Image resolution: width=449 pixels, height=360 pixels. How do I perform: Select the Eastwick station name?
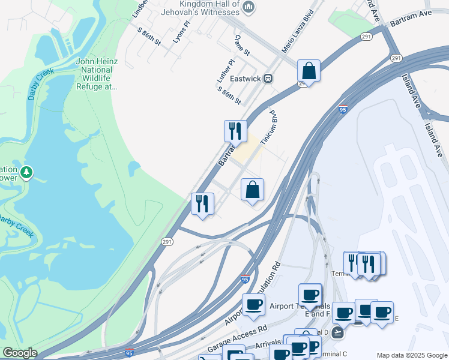(x=244, y=78)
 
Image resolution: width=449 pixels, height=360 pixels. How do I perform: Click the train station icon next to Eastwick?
(x=269, y=78)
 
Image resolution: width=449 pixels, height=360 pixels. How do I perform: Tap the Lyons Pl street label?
(x=181, y=32)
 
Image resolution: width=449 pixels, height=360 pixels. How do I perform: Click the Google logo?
(x=20, y=353)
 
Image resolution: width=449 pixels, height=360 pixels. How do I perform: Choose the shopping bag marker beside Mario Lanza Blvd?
(x=309, y=71)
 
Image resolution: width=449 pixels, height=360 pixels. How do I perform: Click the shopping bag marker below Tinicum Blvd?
(x=253, y=190)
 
